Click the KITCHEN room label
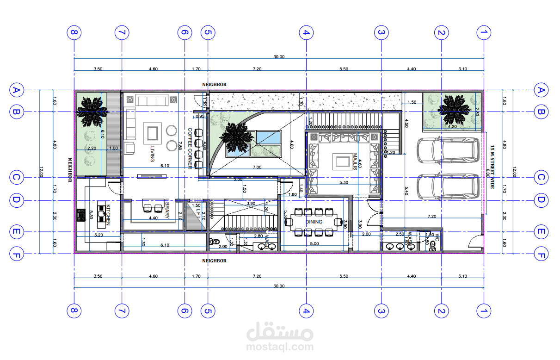click(108, 215)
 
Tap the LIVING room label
click(152, 154)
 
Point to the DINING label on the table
click(314, 222)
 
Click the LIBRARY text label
click(167, 209)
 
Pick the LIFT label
click(198, 213)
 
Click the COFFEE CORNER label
click(190, 148)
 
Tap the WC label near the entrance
click(436, 237)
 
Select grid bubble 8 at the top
click(74, 33)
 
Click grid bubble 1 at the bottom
click(484, 311)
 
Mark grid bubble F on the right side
click(541, 254)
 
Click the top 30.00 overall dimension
click(279, 57)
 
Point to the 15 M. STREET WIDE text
click(492, 167)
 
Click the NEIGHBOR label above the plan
click(214, 85)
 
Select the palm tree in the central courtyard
click(236, 137)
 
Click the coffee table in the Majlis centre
click(342, 161)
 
